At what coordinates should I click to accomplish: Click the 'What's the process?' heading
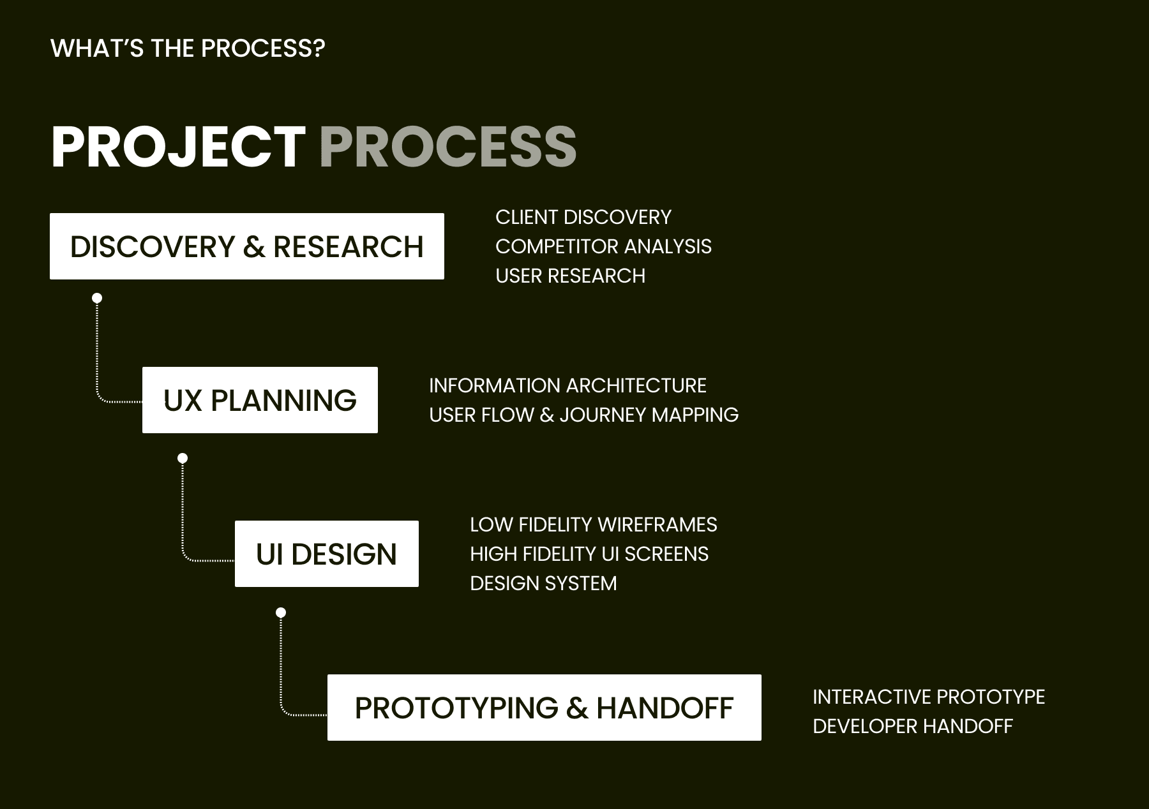click(188, 48)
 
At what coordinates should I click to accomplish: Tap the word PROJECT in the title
click(179, 147)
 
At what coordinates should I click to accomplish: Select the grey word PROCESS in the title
click(448, 147)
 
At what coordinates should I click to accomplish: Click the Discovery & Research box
click(247, 246)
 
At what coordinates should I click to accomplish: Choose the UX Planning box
click(260, 400)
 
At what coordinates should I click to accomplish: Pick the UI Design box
click(327, 554)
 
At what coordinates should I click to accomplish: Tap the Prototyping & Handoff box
click(544, 708)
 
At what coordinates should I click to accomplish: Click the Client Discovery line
click(583, 217)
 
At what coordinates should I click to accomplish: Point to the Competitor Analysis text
click(603, 246)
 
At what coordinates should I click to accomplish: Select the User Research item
click(571, 276)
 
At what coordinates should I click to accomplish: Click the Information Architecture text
click(567, 385)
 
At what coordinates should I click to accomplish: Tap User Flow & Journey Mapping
click(584, 415)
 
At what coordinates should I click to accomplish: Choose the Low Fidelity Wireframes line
click(594, 524)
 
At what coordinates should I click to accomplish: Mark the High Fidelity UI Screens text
click(589, 554)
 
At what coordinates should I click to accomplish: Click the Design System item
click(543, 583)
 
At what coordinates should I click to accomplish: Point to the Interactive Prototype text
click(929, 697)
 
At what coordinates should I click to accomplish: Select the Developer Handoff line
click(913, 726)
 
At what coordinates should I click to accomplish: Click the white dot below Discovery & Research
click(97, 298)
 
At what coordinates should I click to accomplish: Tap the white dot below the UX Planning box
click(183, 458)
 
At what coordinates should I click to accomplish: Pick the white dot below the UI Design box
click(281, 612)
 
